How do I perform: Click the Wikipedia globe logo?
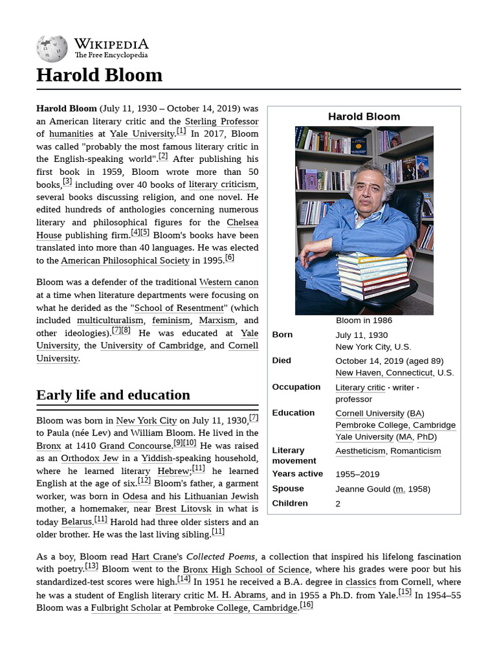pyautogui.click(x=52, y=48)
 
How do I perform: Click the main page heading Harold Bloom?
pyautogui.click(x=99, y=76)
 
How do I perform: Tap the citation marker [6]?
pyautogui.click(x=229, y=258)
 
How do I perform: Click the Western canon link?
pyautogui.click(x=228, y=282)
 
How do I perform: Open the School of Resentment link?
pyautogui.click(x=179, y=308)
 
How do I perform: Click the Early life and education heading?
pyautogui.click(x=113, y=395)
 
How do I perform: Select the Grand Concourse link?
pyautogui.click(x=135, y=445)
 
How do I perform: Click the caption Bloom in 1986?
pyautogui.click(x=364, y=320)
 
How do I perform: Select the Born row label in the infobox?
pyautogui.click(x=282, y=335)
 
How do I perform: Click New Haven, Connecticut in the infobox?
pyautogui.click(x=384, y=373)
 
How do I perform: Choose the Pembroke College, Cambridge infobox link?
pyautogui.click(x=395, y=425)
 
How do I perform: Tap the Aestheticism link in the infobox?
pyautogui.click(x=360, y=451)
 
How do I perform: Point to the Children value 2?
pyautogui.click(x=338, y=504)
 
